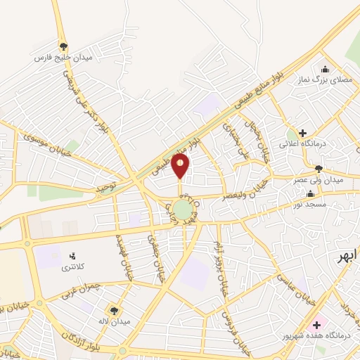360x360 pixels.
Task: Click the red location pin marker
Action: [181, 167]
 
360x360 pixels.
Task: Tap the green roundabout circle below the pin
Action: [182, 210]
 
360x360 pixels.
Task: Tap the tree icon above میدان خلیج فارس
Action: [63, 46]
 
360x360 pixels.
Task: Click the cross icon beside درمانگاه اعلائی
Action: [302, 133]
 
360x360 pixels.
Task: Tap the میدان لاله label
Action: [112, 322]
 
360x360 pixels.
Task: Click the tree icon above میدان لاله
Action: [112, 309]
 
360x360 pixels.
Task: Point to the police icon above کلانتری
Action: [72, 255]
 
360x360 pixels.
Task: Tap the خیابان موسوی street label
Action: [43, 144]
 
